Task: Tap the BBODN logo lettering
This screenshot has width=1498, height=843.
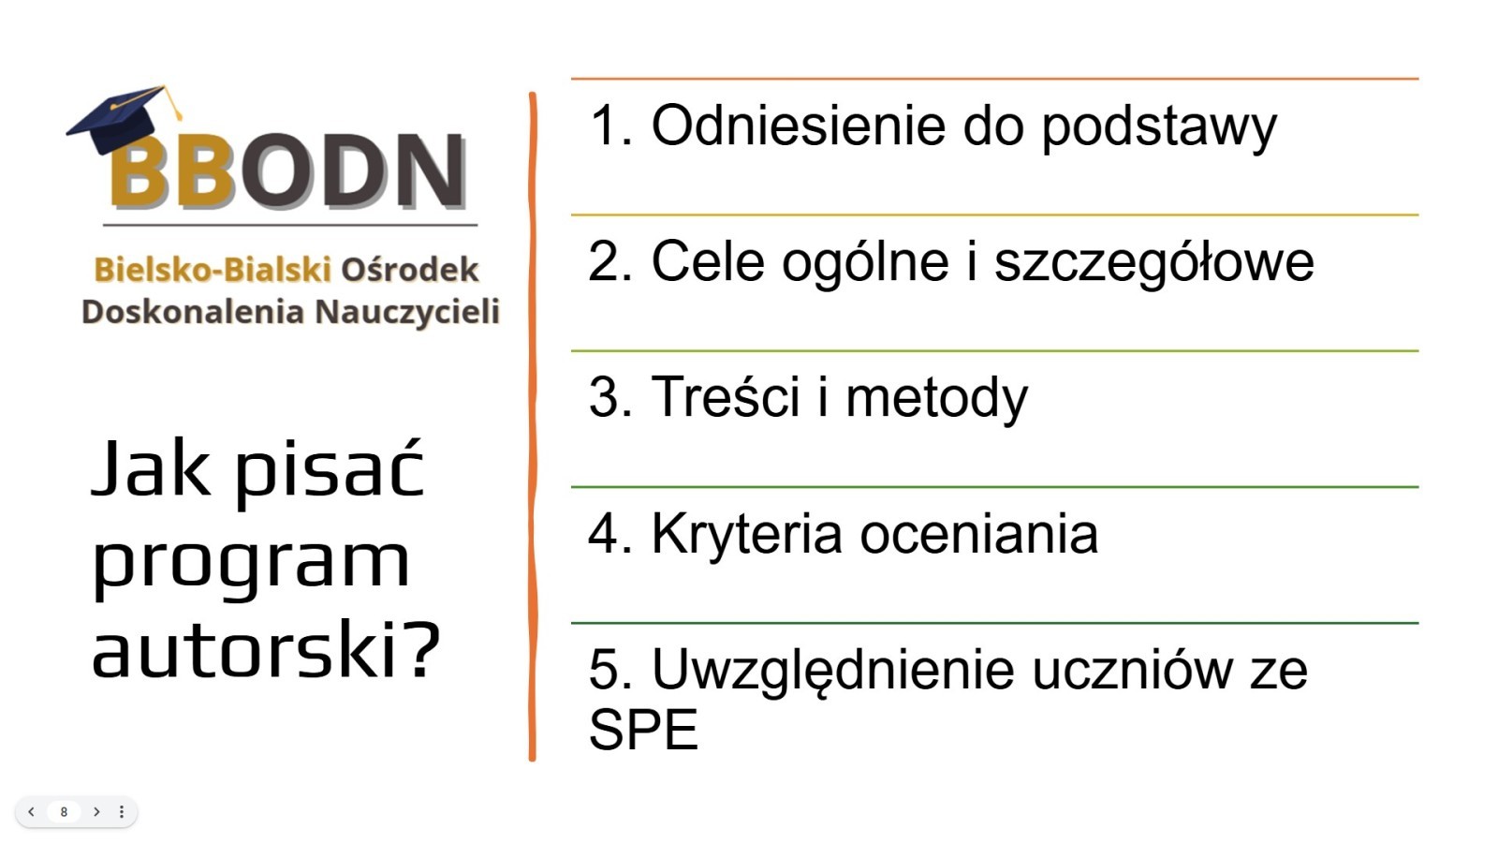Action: [287, 170]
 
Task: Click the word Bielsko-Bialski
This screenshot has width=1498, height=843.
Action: [213, 270]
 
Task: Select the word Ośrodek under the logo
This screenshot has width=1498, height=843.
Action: [410, 270]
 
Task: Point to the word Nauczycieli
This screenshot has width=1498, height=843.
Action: [407, 313]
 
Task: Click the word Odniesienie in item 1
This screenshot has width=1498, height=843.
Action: [799, 126]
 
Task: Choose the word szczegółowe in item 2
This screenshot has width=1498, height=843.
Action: [1154, 264]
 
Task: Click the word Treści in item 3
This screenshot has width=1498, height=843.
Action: [726, 397]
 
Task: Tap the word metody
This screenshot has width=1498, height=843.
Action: [937, 400]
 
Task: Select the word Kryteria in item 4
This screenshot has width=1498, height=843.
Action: [747, 535]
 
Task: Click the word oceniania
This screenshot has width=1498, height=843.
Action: [979, 534]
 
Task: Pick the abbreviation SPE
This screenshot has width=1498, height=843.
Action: [643, 730]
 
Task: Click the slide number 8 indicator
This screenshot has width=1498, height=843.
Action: [64, 811]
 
